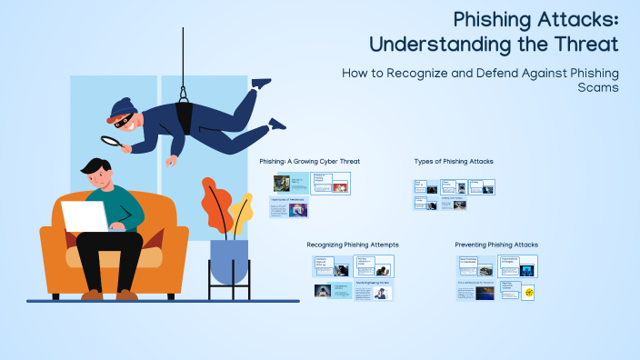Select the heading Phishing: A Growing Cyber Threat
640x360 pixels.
point(309,161)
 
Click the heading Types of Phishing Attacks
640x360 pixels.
point(454,161)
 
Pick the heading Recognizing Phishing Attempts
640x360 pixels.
point(353,245)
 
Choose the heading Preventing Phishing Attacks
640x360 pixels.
point(496,245)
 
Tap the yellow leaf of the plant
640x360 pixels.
point(242,211)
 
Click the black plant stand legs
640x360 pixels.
point(229,291)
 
